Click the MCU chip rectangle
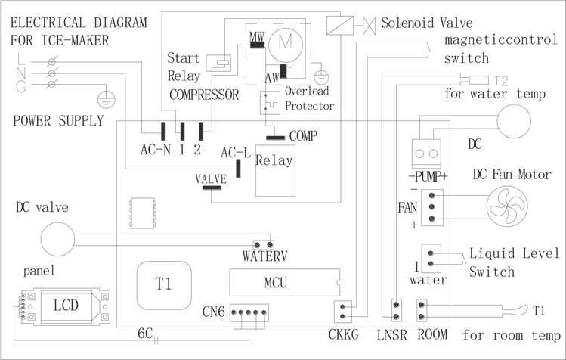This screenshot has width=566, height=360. [x=275, y=283]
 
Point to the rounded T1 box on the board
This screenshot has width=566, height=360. [x=163, y=284]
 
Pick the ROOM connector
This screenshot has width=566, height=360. [x=423, y=309]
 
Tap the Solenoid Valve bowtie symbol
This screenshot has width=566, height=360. [x=370, y=24]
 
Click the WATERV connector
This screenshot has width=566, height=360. [x=262, y=244]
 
